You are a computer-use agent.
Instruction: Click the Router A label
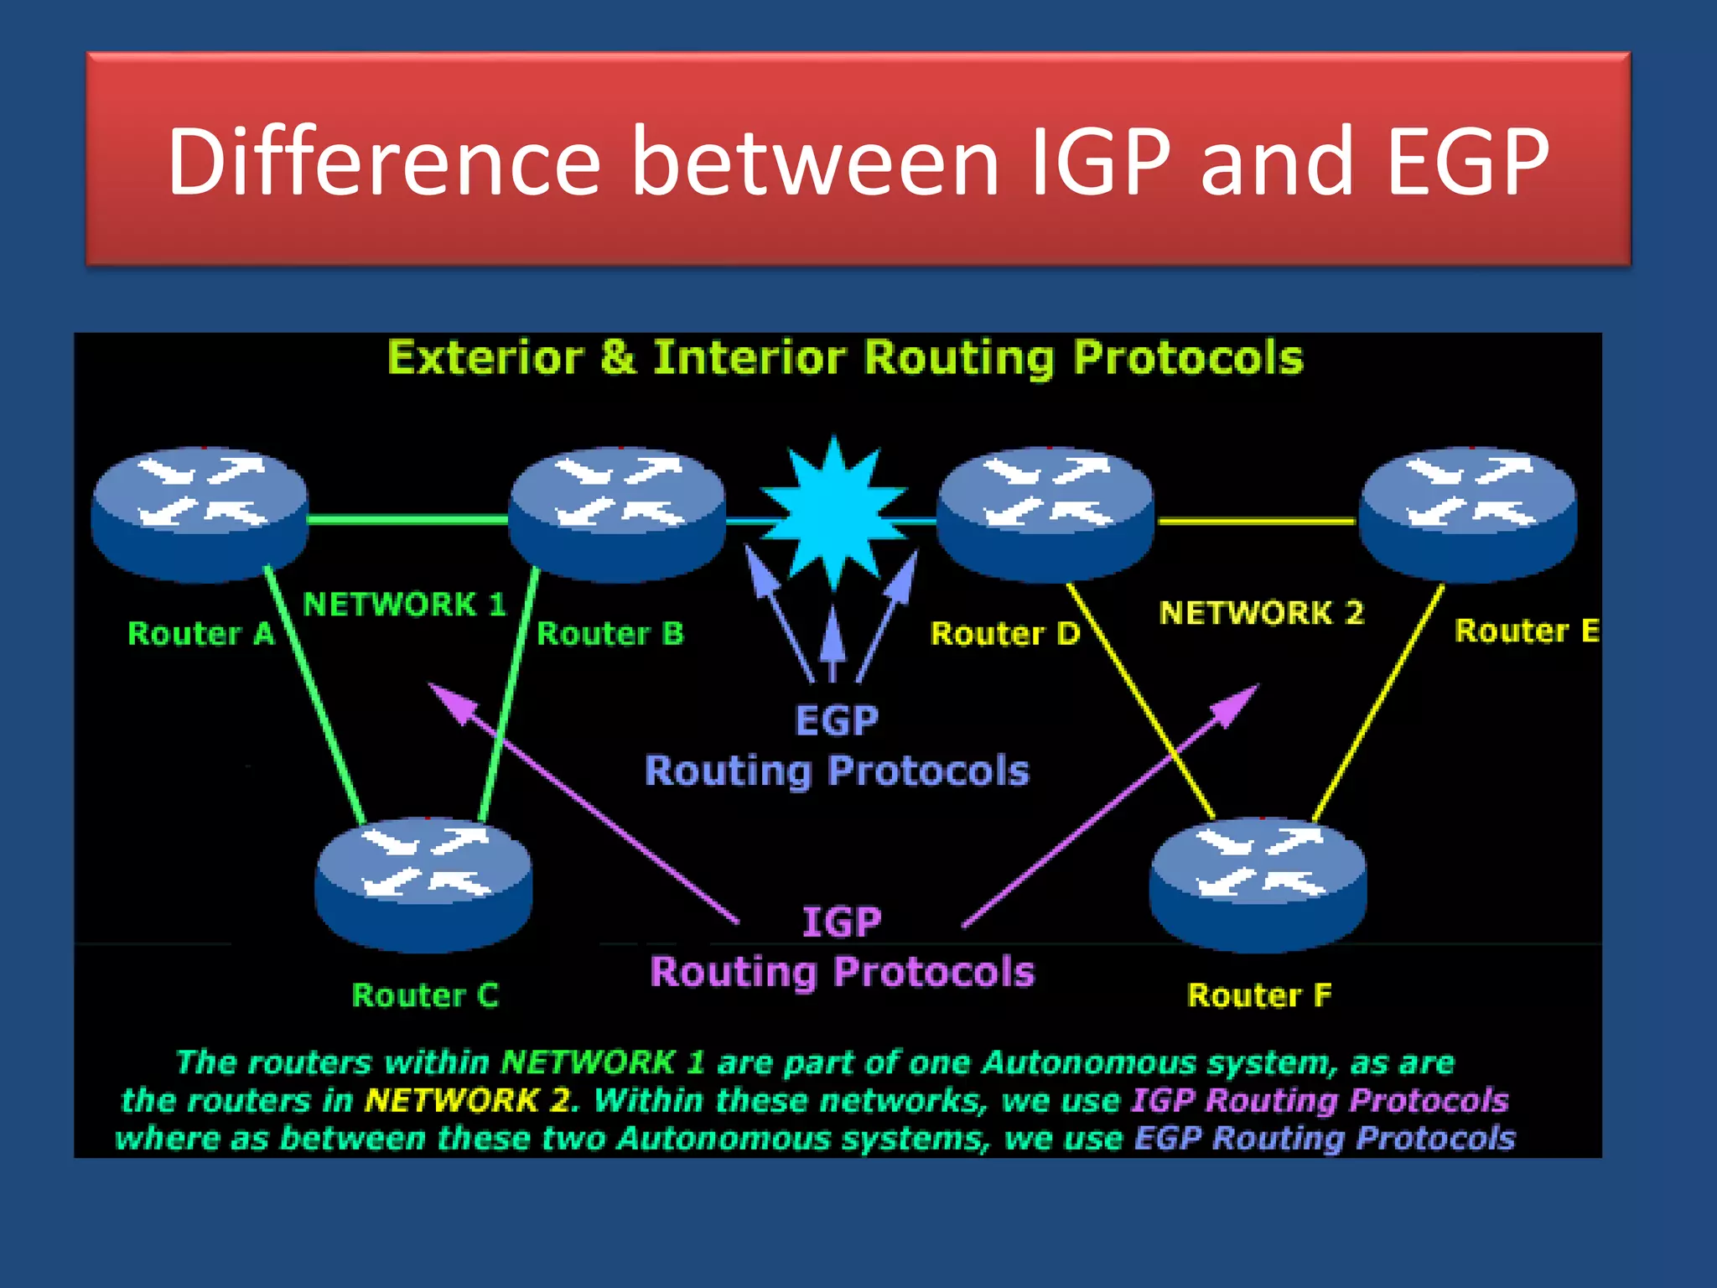200,633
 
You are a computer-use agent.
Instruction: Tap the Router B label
610,633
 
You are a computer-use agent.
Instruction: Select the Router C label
425,995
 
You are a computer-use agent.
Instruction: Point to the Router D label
1005,633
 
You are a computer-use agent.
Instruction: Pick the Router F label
1259,995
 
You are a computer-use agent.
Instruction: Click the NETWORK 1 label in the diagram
404,604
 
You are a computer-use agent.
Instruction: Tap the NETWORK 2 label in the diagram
1261,612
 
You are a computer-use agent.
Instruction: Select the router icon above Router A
200,513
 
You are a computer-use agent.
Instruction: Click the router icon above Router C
423,884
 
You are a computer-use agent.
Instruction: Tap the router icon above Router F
1258,884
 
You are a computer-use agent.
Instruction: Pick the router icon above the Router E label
1467,513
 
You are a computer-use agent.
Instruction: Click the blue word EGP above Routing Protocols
837,719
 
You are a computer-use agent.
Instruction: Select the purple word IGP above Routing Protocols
842,922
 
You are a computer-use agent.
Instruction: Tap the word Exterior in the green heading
485,358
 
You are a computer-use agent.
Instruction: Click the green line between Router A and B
408,520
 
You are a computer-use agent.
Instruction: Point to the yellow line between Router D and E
1256,522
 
